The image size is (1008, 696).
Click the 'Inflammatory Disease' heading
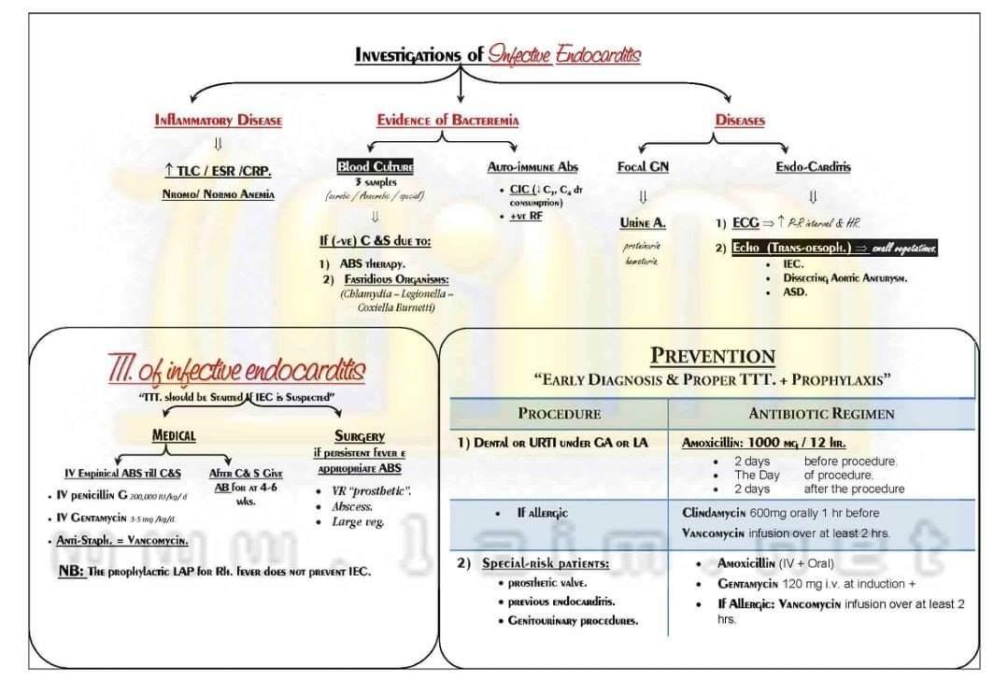(218, 121)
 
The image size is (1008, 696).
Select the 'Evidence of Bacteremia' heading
(447, 121)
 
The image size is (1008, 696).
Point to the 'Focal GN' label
(643, 167)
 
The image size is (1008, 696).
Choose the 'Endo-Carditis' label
(813, 167)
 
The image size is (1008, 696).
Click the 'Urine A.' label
(643, 223)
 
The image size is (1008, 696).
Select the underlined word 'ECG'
(745, 224)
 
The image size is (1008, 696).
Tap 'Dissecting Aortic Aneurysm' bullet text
(845, 277)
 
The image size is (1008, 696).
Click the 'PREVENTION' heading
(712, 356)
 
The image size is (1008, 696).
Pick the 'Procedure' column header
(559, 414)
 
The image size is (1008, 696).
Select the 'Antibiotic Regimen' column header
(821, 414)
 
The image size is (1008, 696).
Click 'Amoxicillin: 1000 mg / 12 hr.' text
(764, 443)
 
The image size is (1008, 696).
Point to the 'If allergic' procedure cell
(542, 513)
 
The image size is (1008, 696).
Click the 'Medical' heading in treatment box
(174, 435)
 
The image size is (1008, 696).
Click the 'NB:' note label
(71, 571)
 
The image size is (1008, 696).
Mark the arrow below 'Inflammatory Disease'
(218, 144)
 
